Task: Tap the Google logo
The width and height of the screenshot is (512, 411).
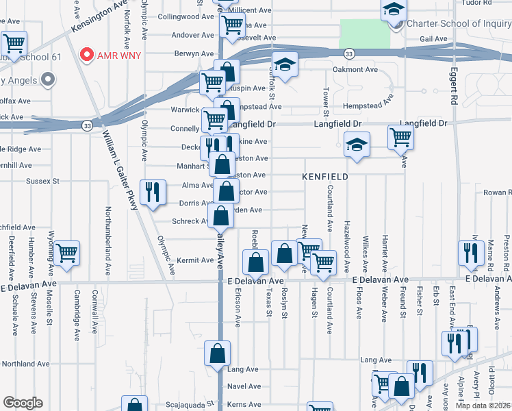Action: tap(23, 403)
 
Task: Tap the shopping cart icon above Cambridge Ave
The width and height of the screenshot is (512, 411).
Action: tap(67, 253)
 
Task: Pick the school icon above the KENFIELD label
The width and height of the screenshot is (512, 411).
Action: tap(356, 145)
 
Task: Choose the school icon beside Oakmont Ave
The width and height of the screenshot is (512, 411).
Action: tap(284, 65)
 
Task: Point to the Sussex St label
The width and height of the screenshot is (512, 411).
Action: tap(43, 182)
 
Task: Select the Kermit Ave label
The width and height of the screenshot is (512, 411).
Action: tap(196, 260)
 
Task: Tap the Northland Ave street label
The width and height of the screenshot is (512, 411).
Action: tap(27, 364)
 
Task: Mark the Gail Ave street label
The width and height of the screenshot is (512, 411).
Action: tap(433, 39)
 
